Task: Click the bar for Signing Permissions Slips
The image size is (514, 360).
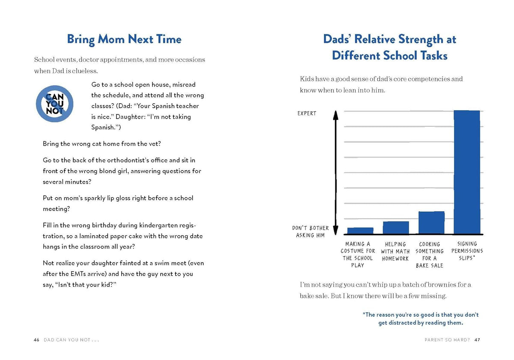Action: pyautogui.click(x=467, y=172)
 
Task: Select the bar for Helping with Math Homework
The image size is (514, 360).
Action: pyautogui.click(x=396, y=228)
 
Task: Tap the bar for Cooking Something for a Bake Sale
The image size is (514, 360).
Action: pyautogui.click(x=431, y=223)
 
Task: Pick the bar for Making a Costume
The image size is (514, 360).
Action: pyautogui.click(x=360, y=231)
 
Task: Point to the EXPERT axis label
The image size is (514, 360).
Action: pyautogui.click(x=307, y=114)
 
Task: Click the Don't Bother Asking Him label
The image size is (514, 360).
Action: pyautogui.click(x=310, y=232)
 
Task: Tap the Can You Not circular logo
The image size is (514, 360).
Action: pyautogui.click(x=55, y=104)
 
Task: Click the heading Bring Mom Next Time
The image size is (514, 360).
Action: pyautogui.click(x=124, y=39)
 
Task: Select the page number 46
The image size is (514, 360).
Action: pyautogui.click(x=36, y=340)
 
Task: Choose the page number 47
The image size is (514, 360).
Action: pyautogui.click(x=477, y=340)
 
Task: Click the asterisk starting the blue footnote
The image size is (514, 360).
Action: pyautogui.click(x=364, y=313)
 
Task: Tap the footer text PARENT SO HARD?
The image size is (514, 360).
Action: pyautogui.click(x=447, y=340)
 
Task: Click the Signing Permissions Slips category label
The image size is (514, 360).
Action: pyautogui.click(x=467, y=251)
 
